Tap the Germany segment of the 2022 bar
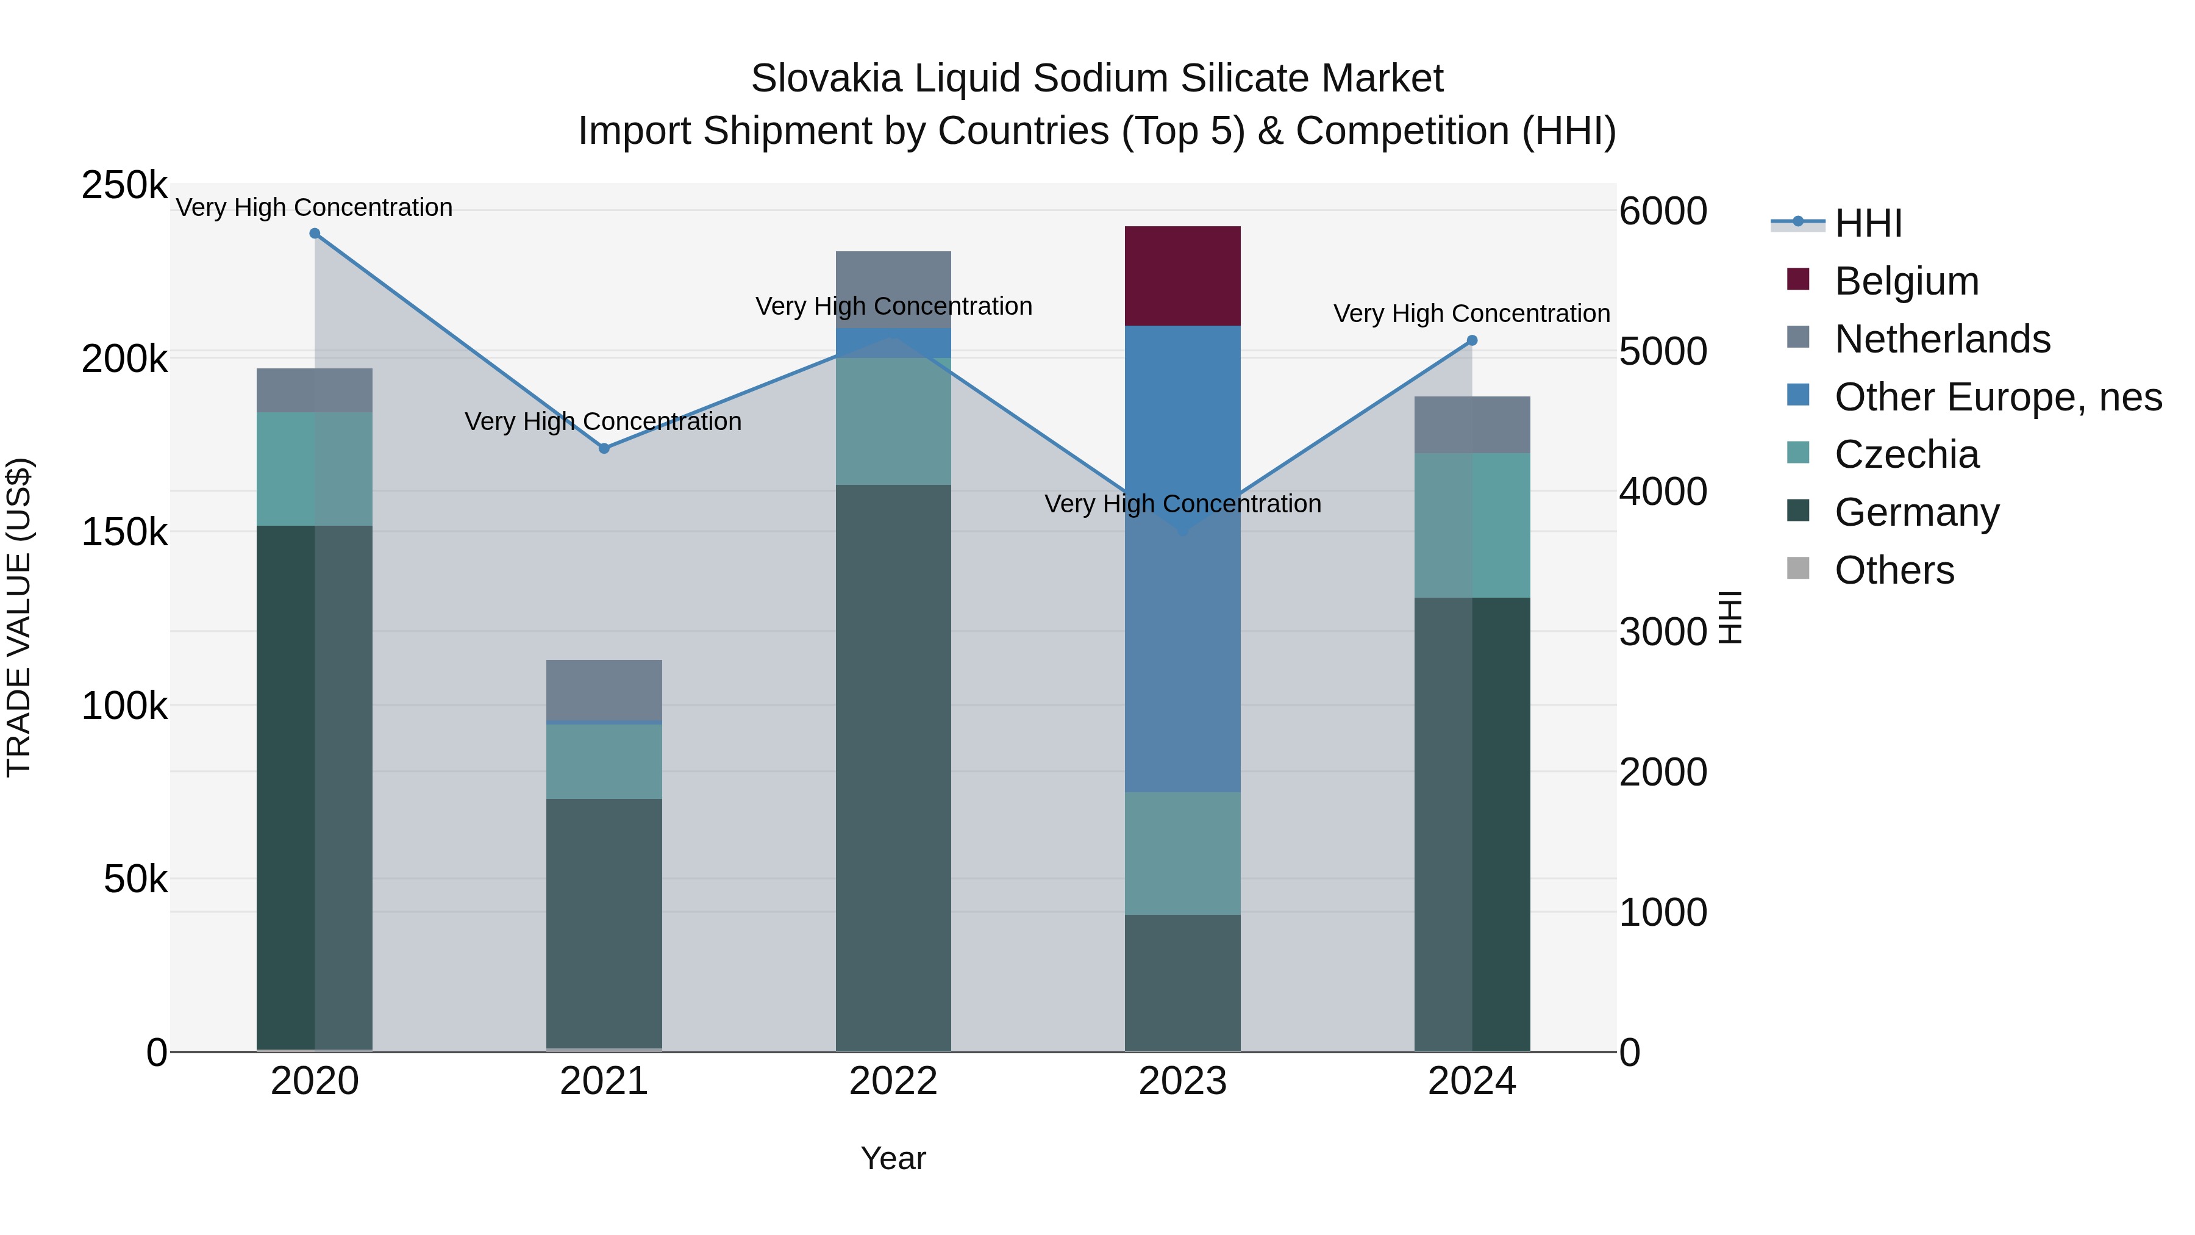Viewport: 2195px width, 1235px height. (x=893, y=767)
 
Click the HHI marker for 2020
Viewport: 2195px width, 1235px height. (x=315, y=234)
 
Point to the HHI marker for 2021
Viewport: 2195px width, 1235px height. (x=604, y=448)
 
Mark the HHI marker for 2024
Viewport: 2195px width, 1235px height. (x=1472, y=341)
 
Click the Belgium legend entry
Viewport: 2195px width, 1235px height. (x=1905, y=281)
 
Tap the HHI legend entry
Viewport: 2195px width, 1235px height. (x=1868, y=223)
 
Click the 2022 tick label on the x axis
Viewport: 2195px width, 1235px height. (x=893, y=1081)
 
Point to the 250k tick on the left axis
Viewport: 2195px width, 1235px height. (x=124, y=186)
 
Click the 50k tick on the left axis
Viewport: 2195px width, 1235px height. (x=135, y=879)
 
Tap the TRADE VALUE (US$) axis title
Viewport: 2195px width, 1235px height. (x=19, y=617)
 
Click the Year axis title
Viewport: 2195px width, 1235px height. (x=893, y=1158)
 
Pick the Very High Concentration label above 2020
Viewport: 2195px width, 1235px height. (x=315, y=207)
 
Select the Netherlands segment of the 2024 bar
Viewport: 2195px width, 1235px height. (x=1472, y=424)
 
